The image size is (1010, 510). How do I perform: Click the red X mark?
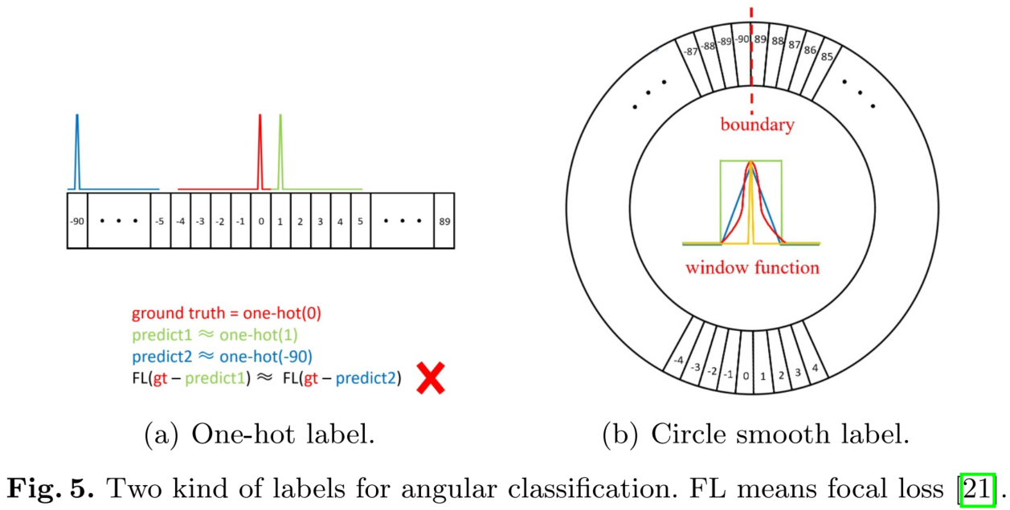click(431, 377)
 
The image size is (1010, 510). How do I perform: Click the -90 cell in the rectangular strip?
click(77, 220)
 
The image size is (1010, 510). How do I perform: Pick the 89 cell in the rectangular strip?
click(444, 220)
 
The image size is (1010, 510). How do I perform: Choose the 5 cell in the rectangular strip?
click(360, 220)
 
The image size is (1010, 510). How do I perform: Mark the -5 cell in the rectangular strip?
click(160, 220)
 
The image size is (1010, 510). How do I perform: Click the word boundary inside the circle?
click(757, 124)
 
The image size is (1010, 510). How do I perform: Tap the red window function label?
click(752, 267)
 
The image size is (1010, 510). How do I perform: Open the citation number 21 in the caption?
click(978, 487)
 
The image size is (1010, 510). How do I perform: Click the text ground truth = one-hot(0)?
click(227, 314)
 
